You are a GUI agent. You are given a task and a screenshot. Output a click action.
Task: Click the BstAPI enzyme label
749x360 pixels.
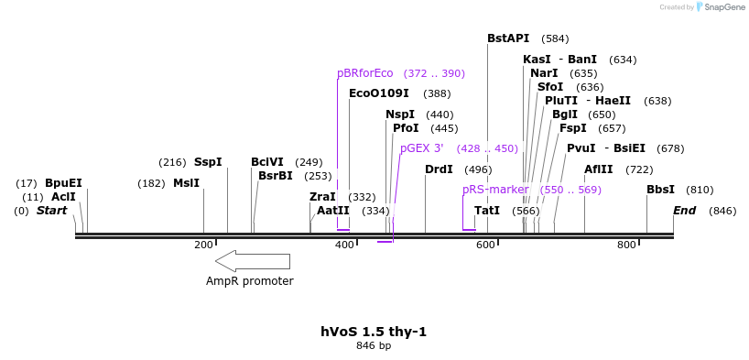click(x=508, y=38)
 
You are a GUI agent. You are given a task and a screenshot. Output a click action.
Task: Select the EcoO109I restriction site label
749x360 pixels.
click(x=378, y=93)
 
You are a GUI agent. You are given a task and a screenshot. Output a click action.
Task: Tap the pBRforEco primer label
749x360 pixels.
click(x=364, y=73)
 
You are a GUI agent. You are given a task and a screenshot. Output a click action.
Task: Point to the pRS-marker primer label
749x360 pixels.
click(x=494, y=190)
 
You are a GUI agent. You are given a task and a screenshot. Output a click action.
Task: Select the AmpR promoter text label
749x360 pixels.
click(x=249, y=281)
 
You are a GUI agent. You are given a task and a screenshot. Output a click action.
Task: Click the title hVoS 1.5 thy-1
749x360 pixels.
click(x=374, y=332)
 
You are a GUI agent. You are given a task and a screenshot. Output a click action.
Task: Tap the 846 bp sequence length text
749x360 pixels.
click(x=374, y=346)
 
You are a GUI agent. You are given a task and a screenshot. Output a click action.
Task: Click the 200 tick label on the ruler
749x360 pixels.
click(x=203, y=245)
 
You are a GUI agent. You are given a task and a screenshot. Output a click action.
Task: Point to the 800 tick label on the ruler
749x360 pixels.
click(x=626, y=245)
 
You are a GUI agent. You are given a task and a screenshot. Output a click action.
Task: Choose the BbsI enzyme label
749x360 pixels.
click(x=660, y=190)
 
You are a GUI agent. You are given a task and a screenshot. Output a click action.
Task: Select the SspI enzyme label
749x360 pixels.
click(x=208, y=162)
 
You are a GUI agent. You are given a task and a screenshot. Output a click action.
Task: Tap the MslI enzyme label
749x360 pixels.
click(x=186, y=183)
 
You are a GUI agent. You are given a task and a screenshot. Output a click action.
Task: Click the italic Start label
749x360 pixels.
click(x=52, y=211)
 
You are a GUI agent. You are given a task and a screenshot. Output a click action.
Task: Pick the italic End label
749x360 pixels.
click(x=684, y=211)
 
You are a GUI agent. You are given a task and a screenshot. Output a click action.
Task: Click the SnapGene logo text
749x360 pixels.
click(x=723, y=7)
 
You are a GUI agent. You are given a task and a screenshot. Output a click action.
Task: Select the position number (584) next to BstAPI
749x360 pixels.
click(x=555, y=39)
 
